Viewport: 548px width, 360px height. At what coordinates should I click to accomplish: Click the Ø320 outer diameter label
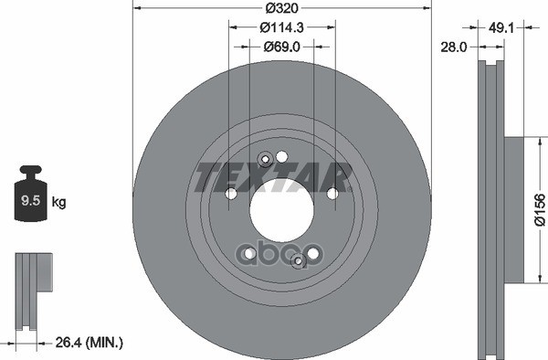click(x=280, y=9)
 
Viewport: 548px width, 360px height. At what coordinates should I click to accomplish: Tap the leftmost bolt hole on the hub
click(x=231, y=194)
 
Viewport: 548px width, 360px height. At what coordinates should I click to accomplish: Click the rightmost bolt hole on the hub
click(x=332, y=193)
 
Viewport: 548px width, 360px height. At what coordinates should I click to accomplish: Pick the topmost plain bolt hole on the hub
click(x=281, y=156)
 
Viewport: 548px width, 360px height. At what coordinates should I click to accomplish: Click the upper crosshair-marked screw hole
click(x=265, y=161)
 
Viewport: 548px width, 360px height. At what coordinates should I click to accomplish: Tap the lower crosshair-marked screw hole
click(x=298, y=261)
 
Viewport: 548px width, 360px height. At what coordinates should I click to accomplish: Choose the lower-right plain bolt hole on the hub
click(x=312, y=253)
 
